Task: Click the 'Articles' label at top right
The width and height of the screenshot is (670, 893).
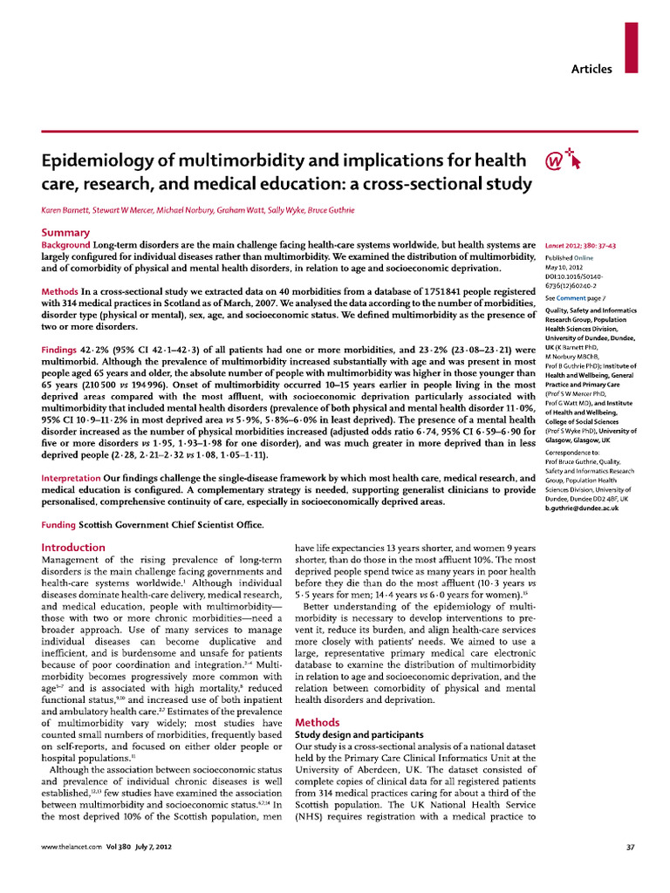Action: click(x=591, y=69)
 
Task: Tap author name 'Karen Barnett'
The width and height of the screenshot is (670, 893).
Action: click(x=68, y=211)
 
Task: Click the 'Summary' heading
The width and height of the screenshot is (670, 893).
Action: click(x=65, y=232)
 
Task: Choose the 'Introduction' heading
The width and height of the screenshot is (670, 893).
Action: click(x=73, y=547)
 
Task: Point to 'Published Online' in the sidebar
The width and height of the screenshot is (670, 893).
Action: click(x=570, y=258)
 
